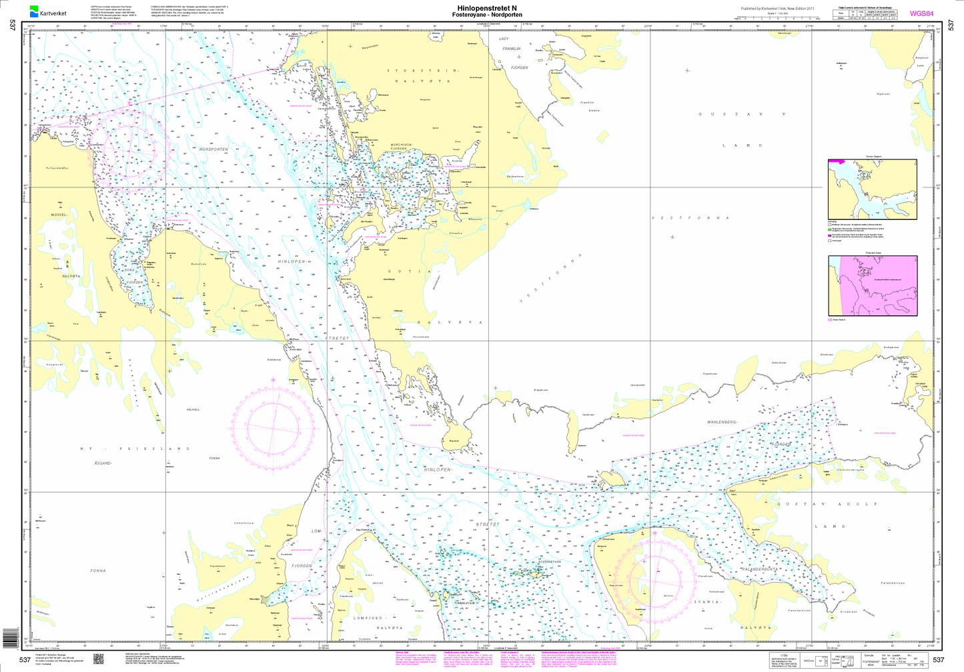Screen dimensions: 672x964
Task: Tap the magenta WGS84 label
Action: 922,13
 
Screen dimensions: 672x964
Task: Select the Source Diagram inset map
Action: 872,189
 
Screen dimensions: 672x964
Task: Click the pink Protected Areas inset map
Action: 872,286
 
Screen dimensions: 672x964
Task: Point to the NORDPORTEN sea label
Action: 213,149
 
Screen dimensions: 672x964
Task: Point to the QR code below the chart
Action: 98,659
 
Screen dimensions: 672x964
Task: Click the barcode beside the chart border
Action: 9,638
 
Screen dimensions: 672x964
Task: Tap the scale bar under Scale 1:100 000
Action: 777,18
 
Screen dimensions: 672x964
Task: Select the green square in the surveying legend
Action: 829,229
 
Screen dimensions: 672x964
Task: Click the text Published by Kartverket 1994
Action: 777,8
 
